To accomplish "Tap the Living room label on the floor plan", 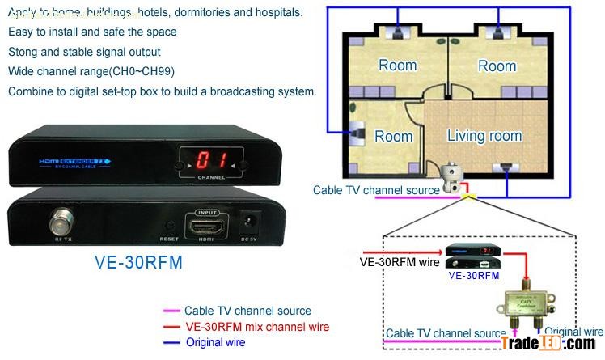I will click(x=484, y=135).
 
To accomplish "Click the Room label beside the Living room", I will click(x=394, y=136).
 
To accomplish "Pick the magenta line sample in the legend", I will click(x=171, y=311).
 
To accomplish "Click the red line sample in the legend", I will click(x=171, y=327).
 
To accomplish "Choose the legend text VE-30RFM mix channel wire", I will click(x=257, y=327).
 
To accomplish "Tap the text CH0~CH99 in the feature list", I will click(x=144, y=71).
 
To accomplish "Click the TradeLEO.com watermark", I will click(x=548, y=344).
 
